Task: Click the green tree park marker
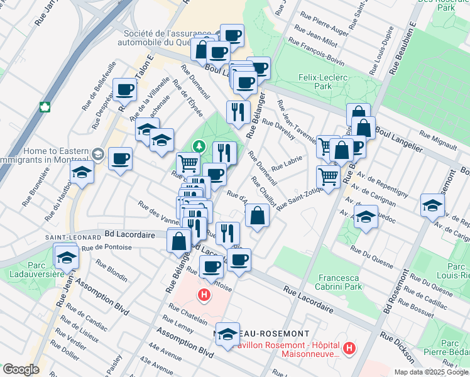click(x=199, y=146)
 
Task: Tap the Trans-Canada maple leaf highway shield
click(x=45, y=106)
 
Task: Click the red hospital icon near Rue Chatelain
click(x=204, y=294)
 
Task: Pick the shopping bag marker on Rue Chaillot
click(x=258, y=217)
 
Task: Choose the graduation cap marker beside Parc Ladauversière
click(x=66, y=256)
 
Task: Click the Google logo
click(x=21, y=369)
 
